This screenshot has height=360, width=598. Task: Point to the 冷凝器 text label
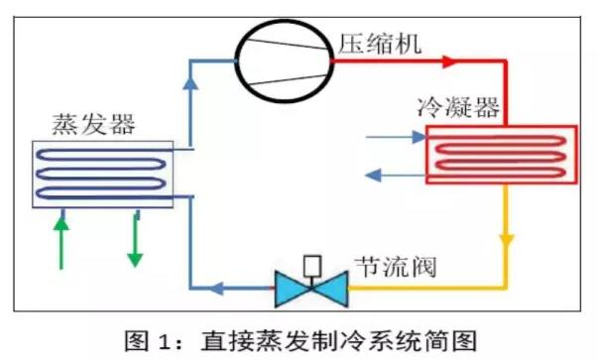(458, 106)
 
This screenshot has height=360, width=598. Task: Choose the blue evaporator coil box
(102, 174)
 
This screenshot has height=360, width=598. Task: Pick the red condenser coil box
(501, 156)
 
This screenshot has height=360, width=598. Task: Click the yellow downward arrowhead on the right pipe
(508, 242)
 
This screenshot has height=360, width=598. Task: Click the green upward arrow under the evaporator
(63, 240)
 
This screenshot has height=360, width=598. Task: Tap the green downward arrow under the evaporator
(135, 240)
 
